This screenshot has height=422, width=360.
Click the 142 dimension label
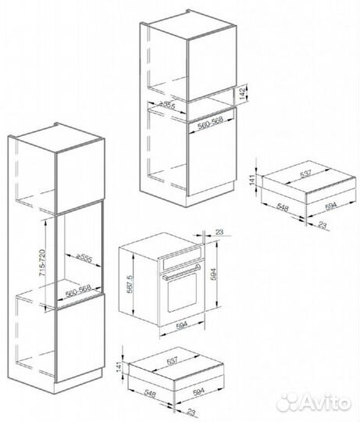click(242, 93)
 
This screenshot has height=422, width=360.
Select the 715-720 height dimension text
click(42, 263)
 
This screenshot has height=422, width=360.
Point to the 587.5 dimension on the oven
click(130, 284)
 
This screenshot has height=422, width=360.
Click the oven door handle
click(180, 272)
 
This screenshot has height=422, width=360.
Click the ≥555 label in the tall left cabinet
click(84, 258)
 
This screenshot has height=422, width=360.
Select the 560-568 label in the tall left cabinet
click(78, 291)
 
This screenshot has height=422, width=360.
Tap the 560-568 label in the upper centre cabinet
click(211, 123)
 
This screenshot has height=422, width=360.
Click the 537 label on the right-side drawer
click(305, 173)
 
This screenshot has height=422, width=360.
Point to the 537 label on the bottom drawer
click(172, 360)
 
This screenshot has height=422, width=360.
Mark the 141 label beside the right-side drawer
click(252, 180)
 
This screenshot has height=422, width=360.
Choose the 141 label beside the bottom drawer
click(119, 367)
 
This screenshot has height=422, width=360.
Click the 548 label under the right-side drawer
click(283, 207)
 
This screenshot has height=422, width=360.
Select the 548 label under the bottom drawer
click(149, 394)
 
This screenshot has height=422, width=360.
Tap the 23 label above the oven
click(219, 232)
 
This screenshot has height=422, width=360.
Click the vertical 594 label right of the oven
click(213, 274)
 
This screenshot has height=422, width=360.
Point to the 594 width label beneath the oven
click(182, 326)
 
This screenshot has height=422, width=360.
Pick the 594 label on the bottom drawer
click(198, 391)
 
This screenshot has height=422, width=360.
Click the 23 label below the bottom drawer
click(191, 412)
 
